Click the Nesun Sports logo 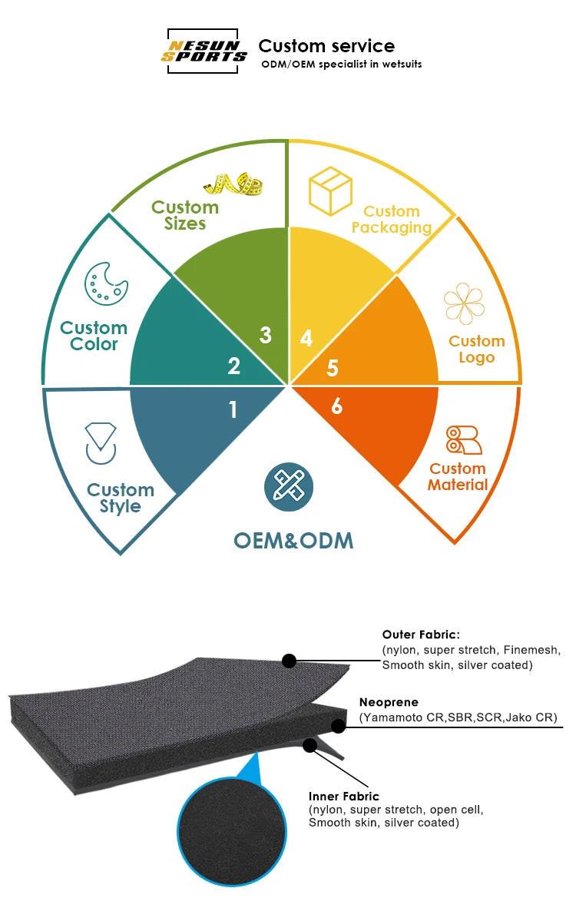(x=204, y=51)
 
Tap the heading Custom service (x=326, y=46)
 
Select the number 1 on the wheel (x=233, y=410)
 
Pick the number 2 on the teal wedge (x=234, y=366)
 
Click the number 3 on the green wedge (x=266, y=335)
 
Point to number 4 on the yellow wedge (x=306, y=338)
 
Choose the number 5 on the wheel (x=332, y=368)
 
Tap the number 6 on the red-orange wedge (x=336, y=406)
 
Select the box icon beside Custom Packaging (x=330, y=192)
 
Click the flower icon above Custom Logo (x=465, y=303)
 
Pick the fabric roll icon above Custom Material (x=463, y=439)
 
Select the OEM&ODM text (x=293, y=540)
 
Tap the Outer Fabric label (x=421, y=634)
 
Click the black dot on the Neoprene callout (x=339, y=726)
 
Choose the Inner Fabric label (x=344, y=797)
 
